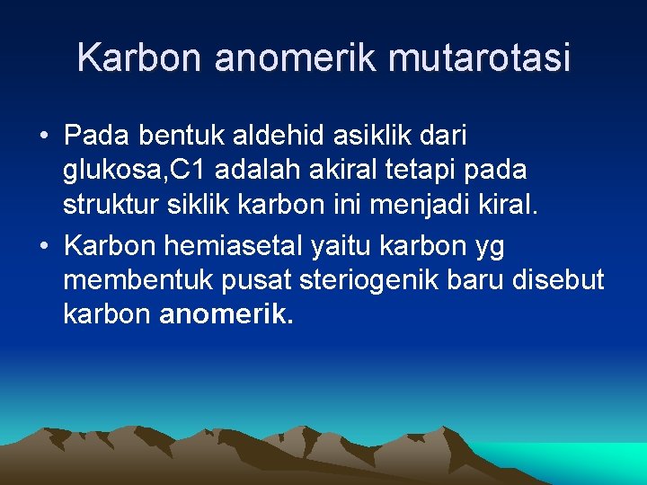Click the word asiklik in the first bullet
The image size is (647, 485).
tap(368, 137)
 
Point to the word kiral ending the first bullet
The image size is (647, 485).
tap(507, 203)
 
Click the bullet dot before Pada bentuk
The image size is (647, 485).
tap(44, 137)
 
